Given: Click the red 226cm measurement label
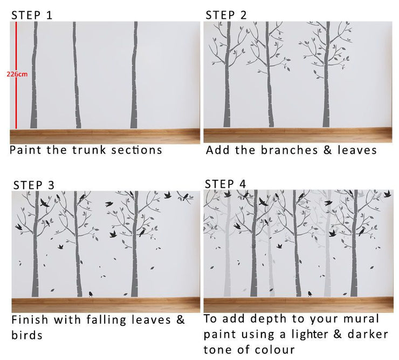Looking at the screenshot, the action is [x=17, y=74].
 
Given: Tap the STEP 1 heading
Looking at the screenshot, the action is [x=32, y=15].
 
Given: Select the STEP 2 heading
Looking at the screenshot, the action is [x=226, y=15].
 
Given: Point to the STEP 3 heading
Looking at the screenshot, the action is [x=34, y=185].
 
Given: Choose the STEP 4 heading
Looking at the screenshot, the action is [x=225, y=184].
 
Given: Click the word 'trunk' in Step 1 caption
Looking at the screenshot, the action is [x=89, y=150].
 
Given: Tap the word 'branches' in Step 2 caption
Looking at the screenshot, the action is [x=290, y=150].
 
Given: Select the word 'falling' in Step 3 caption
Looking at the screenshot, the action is [x=106, y=320].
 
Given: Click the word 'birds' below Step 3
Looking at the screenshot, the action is [x=27, y=335].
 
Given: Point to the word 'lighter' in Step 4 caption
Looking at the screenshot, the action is [x=310, y=335].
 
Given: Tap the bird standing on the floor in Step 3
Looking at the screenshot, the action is [x=91, y=294].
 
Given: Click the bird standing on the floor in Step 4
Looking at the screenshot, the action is [x=309, y=294].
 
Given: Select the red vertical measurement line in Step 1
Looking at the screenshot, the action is [x=16, y=75].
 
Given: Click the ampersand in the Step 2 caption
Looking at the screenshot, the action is [x=328, y=150].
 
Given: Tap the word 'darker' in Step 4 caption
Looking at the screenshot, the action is [x=368, y=335].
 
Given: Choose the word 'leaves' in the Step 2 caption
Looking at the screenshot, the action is [x=357, y=150].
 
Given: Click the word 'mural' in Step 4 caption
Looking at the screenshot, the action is [x=361, y=319].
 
